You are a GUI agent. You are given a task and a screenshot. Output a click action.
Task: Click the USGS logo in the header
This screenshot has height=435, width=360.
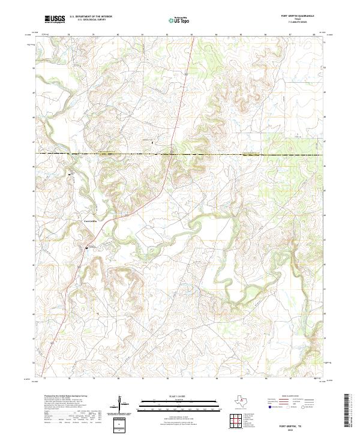[55, 20]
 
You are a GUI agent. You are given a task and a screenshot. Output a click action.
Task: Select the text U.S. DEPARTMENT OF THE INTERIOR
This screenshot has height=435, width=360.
[91, 17]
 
